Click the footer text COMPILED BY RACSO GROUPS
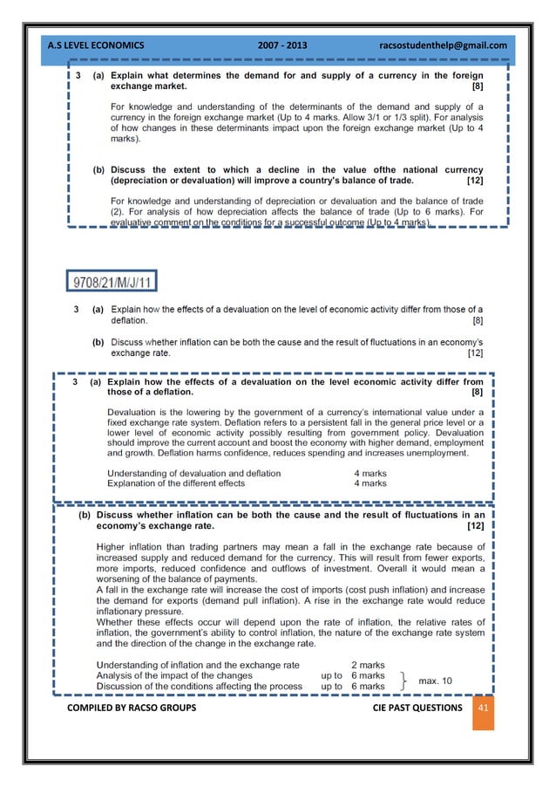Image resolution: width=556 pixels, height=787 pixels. (x=132, y=708)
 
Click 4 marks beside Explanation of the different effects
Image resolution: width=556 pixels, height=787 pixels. (x=369, y=482)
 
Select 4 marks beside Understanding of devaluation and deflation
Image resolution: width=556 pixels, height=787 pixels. (x=369, y=473)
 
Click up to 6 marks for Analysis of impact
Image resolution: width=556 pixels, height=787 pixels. (x=353, y=675)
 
